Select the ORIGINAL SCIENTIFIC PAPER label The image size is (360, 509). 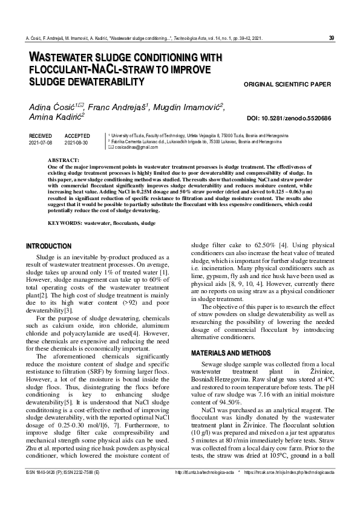(x=287, y=84)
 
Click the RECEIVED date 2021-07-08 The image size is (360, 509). (x=41, y=143)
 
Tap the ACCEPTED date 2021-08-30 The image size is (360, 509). (x=76, y=143)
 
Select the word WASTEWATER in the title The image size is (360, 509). (x=61, y=57)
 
